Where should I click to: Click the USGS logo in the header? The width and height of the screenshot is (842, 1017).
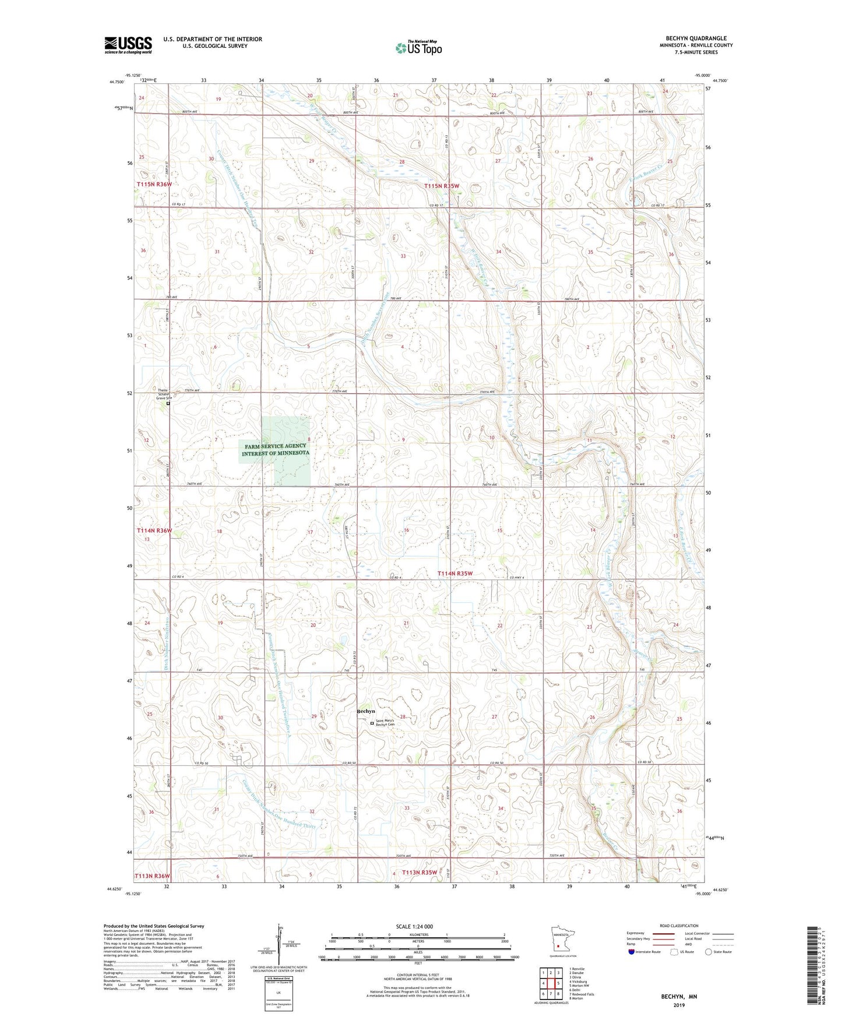pyautogui.click(x=128, y=44)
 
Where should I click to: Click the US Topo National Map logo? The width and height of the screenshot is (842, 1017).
pyautogui.click(x=418, y=47)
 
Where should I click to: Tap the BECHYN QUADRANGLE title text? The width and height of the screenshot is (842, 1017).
pyautogui.click(x=696, y=38)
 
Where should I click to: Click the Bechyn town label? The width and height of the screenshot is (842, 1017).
pyautogui.click(x=366, y=711)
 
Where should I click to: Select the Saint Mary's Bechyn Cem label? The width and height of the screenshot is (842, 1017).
pyautogui.click(x=385, y=723)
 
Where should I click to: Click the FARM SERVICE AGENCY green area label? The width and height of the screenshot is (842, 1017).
pyautogui.click(x=275, y=449)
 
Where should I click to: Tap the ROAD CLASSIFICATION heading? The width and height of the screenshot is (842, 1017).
pyautogui.click(x=679, y=926)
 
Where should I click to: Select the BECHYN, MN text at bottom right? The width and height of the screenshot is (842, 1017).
pyautogui.click(x=678, y=997)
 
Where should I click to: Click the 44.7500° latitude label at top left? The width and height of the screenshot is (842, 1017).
pyautogui.click(x=117, y=82)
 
